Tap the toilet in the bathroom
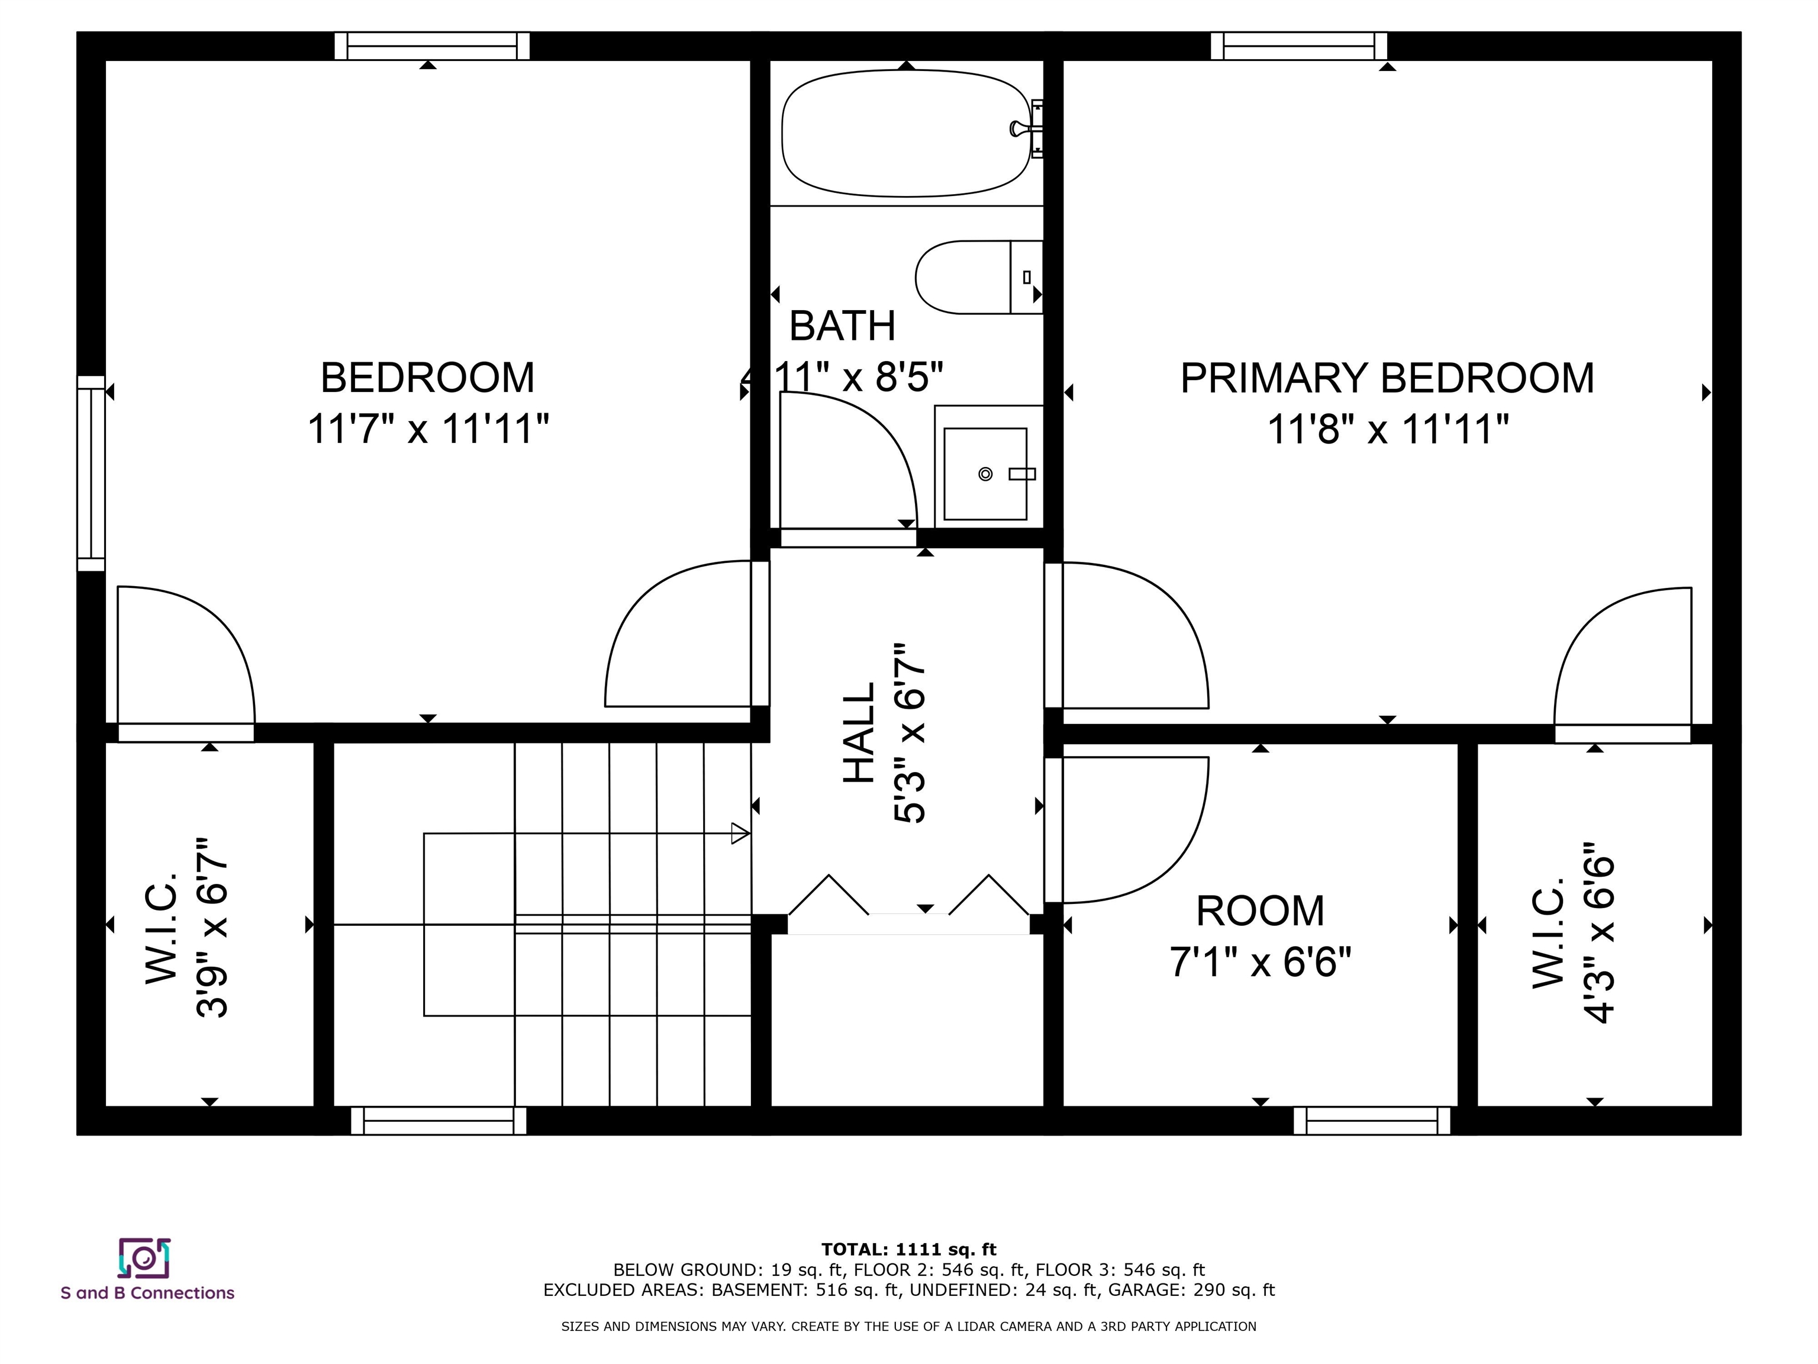pos(979,277)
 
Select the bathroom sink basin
pos(985,474)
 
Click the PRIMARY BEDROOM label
pos(1387,378)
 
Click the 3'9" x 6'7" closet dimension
pos(211,928)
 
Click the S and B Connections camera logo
pos(144,1258)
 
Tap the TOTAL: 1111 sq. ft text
pos(908,1250)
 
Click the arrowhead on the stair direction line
pos(740,834)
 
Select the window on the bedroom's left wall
pos(91,473)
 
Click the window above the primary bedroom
pos(1298,46)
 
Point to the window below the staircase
pos(438,1121)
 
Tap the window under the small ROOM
pos(1372,1121)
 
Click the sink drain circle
pos(985,474)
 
